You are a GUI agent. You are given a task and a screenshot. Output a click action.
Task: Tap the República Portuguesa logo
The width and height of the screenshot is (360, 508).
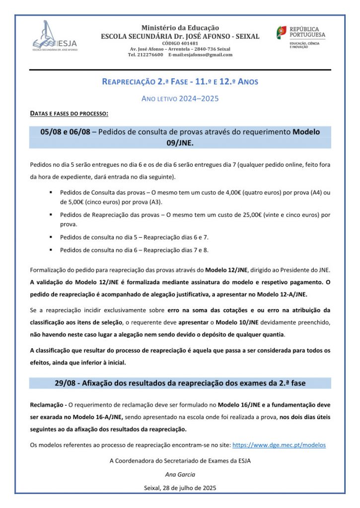point(301,37)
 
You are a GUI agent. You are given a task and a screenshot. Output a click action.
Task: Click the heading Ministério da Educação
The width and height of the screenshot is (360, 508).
point(180,28)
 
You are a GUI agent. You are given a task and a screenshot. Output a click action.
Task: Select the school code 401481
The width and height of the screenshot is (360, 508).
point(180,43)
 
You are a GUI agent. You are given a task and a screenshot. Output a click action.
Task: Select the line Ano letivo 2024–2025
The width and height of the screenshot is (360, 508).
point(180,98)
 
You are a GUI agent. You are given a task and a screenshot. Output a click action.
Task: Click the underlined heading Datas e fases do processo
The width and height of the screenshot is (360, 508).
point(69,114)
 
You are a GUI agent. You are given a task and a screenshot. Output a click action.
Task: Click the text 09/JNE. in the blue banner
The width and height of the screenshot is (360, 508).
point(180,142)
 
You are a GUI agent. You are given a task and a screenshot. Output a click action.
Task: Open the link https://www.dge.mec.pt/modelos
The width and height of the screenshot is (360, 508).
point(279,445)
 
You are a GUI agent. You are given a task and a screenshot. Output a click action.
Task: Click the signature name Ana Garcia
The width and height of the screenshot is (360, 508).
point(180,474)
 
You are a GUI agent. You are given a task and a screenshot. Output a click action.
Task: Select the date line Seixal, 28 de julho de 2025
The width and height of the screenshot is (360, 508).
point(180,488)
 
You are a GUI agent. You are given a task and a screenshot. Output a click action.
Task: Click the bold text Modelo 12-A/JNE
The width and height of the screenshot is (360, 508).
point(280,294)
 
